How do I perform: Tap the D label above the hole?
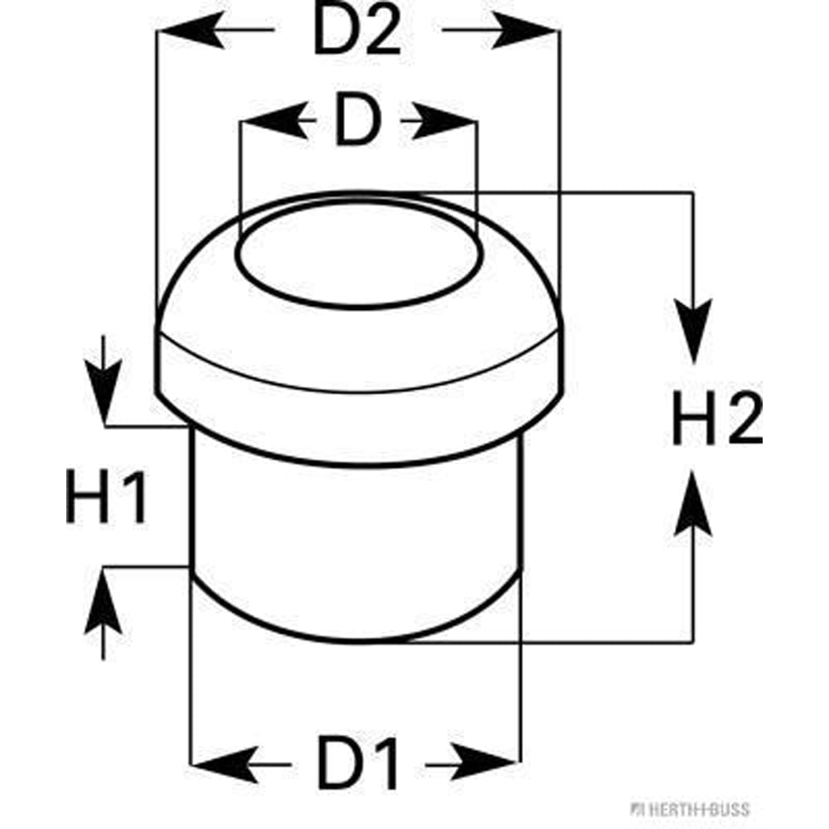pos(356,123)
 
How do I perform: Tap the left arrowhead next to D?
pos(269,123)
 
